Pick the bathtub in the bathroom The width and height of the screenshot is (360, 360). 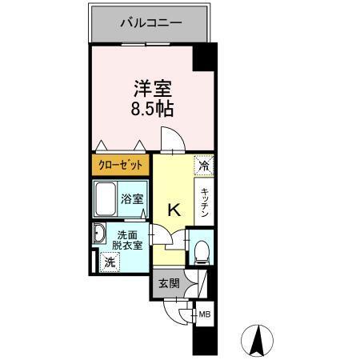click(x=107, y=200)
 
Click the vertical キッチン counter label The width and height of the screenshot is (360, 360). click(x=205, y=203)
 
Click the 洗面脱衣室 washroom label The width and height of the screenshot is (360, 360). click(x=127, y=240)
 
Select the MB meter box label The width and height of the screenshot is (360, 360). click(x=205, y=314)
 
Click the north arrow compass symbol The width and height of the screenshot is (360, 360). click(x=258, y=340)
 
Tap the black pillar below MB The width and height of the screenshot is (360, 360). click(x=205, y=339)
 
